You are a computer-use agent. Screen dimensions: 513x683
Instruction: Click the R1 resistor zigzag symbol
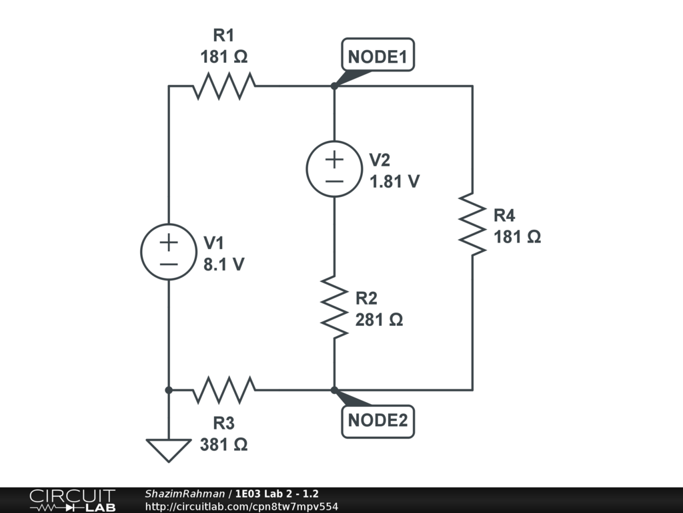pyautogui.click(x=224, y=86)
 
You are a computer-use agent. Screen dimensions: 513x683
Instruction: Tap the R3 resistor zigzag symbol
pyautogui.click(x=224, y=390)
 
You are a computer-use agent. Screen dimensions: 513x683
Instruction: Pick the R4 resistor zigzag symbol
pyautogui.click(x=473, y=224)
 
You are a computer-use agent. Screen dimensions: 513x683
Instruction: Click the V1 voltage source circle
pyautogui.click(x=169, y=252)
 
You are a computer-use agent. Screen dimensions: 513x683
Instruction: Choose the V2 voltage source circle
pyautogui.click(x=334, y=169)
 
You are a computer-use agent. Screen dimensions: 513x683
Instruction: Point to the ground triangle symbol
pyautogui.click(x=169, y=450)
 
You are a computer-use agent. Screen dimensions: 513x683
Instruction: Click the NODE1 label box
pyautogui.click(x=378, y=57)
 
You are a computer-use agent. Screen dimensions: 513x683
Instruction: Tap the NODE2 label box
pyautogui.click(x=378, y=421)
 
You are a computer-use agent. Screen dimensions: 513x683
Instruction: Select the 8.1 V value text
pyautogui.click(x=223, y=265)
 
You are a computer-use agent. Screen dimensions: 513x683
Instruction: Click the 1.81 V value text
pyautogui.click(x=395, y=181)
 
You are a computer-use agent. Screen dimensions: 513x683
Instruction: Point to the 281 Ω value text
pyautogui.click(x=379, y=320)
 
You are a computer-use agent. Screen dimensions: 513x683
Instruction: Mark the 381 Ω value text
pyautogui.click(x=224, y=444)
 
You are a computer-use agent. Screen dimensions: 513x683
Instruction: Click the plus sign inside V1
pyautogui.click(x=169, y=242)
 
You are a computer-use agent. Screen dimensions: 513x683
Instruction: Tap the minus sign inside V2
pyautogui.click(x=334, y=180)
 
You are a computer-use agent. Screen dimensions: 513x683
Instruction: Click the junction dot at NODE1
pyautogui.click(x=334, y=86)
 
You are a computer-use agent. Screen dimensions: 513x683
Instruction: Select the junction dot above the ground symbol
pyautogui.click(x=169, y=390)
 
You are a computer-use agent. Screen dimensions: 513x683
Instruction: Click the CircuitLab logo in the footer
pyautogui.click(x=72, y=500)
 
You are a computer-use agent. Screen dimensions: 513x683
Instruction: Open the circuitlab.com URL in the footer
pyautogui.click(x=241, y=506)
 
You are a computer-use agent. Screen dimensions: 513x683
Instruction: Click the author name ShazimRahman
pyautogui.click(x=185, y=494)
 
